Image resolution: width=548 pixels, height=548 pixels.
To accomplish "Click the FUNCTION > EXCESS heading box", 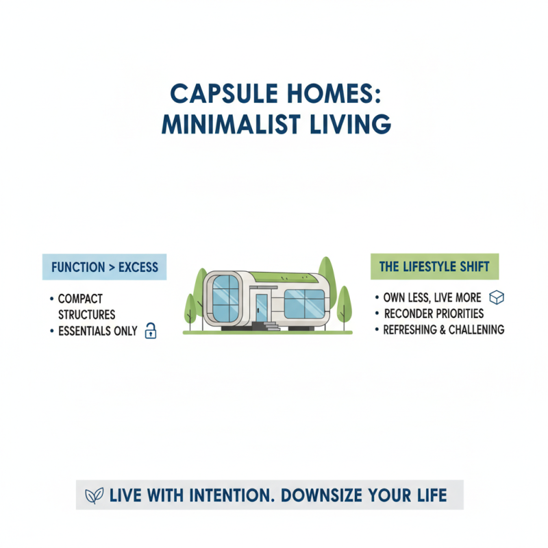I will tap(104, 266).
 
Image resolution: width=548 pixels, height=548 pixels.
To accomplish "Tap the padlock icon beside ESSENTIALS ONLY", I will tap(151, 332).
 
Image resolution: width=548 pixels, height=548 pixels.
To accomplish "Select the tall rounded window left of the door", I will tap(225, 299).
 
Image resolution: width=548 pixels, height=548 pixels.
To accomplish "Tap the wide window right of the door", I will tap(304, 303).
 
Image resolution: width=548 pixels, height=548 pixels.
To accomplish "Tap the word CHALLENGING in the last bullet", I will tap(475, 329).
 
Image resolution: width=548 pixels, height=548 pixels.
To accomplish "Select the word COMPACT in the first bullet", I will tap(81, 299).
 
